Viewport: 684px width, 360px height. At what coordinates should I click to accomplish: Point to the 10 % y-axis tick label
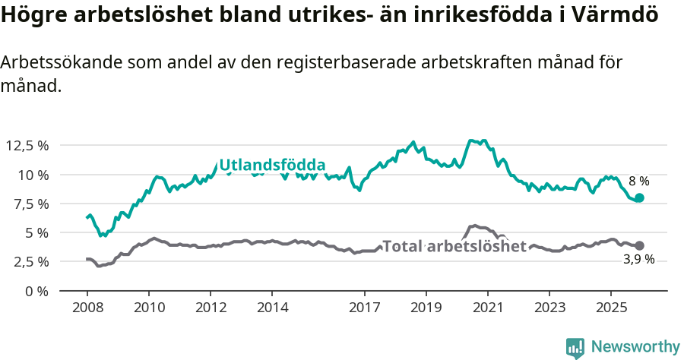pos(33,175)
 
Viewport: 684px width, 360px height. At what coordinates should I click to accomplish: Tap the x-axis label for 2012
pos(211,308)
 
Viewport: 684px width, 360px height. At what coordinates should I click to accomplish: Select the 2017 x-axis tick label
pos(364,308)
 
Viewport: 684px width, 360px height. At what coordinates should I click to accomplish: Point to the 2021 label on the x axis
pos(487,308)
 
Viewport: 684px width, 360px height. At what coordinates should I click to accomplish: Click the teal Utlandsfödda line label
pos(272,166)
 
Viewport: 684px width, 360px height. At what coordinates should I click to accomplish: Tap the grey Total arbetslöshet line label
pos(454,246)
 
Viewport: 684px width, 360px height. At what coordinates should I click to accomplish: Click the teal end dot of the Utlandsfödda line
pos(639,197)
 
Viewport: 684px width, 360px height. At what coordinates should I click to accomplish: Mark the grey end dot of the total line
pos(639,245)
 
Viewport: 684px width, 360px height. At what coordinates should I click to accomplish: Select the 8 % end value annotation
pos(638,182)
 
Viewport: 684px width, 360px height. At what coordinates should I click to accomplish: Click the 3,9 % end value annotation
pos(638,260)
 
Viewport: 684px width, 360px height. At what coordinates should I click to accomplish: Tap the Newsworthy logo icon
pos(575,348)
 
